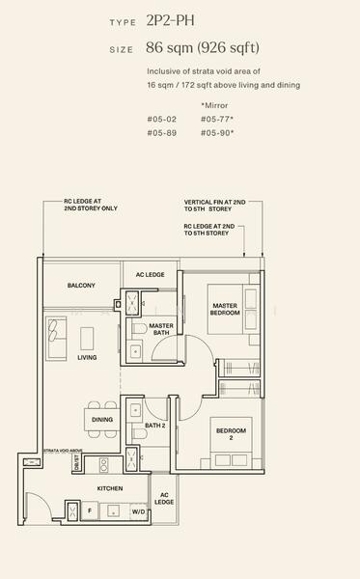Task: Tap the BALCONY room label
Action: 81,286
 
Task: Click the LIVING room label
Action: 87,358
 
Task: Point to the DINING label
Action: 102,420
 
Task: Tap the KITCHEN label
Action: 109,489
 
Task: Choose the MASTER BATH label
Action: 160,330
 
